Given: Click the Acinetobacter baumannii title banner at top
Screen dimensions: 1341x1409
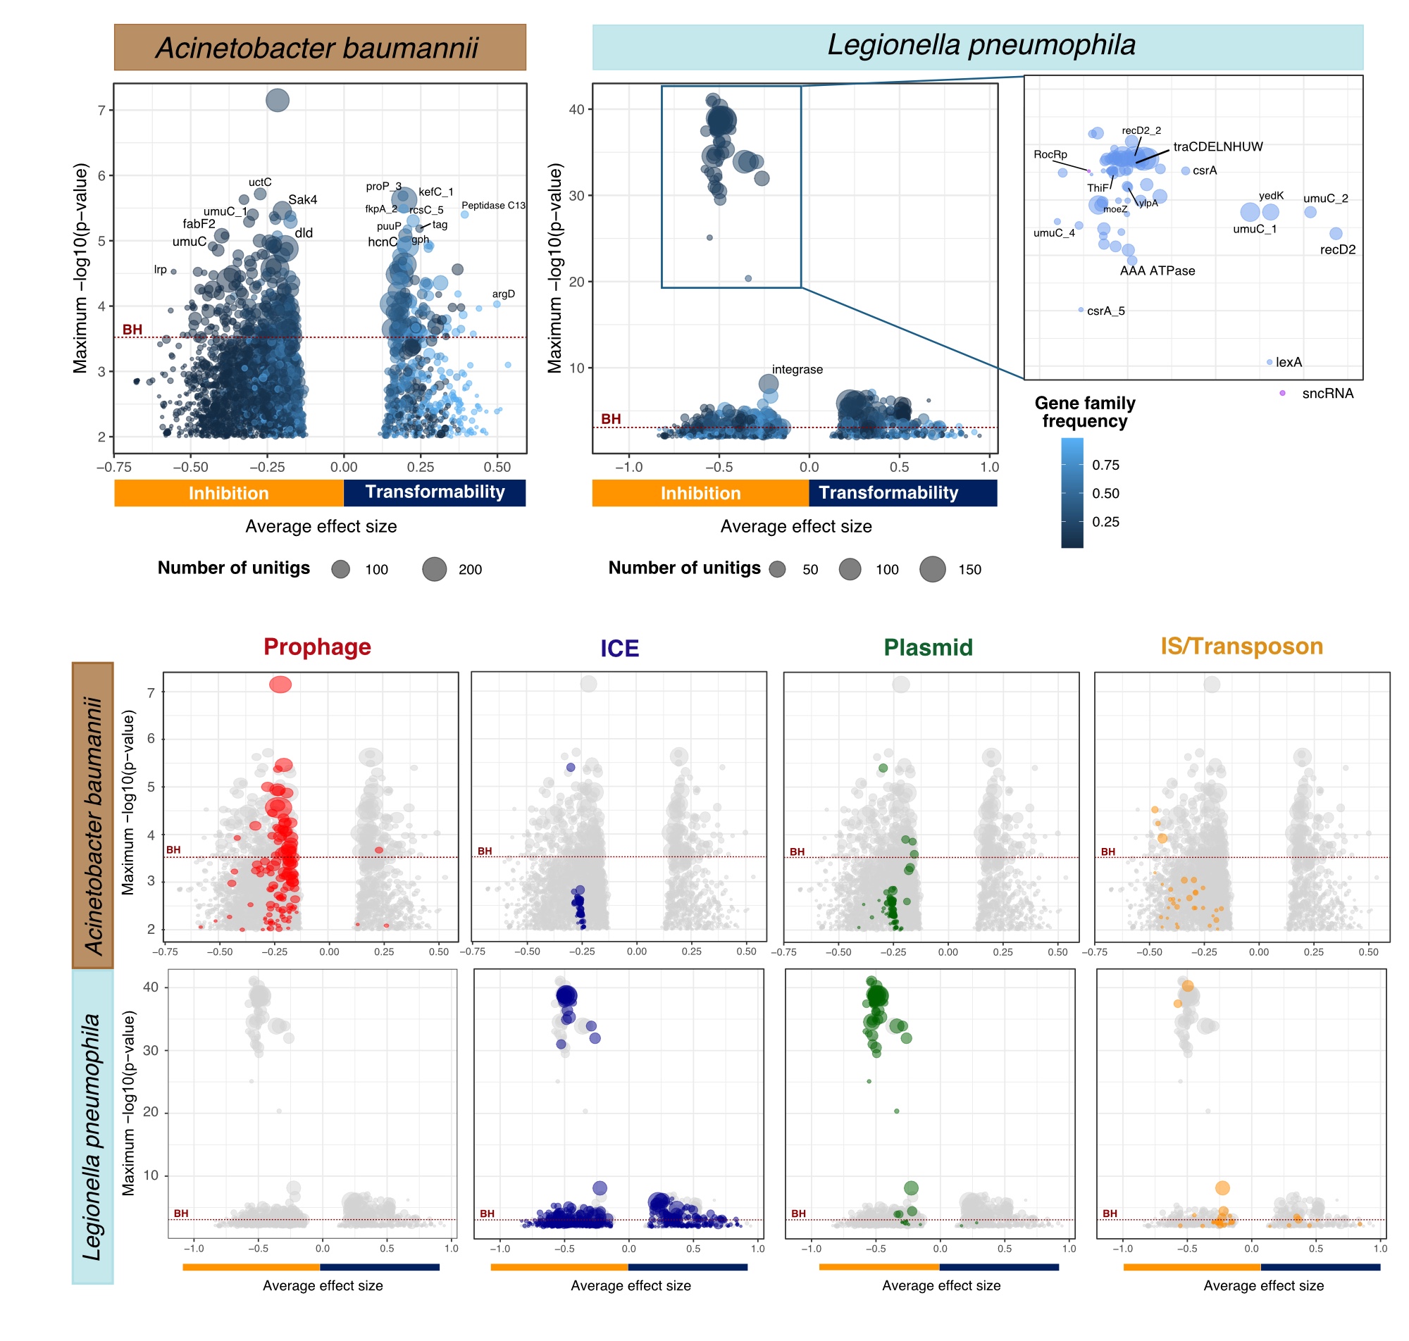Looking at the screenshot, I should point(320,47).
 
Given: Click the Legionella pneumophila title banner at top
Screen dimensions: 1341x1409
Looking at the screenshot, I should point(976,46).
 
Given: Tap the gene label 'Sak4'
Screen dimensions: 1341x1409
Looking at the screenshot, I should point(302,199).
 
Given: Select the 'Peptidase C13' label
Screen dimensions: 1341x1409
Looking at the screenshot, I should point(492,205).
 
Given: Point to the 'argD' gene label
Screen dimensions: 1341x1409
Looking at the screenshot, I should point(502,294).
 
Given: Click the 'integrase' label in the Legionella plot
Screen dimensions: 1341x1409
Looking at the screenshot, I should point(796,369).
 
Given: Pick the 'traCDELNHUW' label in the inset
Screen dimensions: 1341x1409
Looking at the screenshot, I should point(1217,146).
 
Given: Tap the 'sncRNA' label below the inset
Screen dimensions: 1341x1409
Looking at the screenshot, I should point(1327,393).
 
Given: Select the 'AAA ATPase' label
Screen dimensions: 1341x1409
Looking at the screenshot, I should point(1157,270).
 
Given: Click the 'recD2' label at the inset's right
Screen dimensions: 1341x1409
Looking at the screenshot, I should point(1337,249).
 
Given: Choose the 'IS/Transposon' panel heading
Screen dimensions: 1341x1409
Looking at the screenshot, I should point(1241,646).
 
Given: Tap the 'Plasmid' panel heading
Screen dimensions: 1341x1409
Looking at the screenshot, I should point(927,647).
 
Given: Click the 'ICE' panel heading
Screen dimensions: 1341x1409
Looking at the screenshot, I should point(619,649).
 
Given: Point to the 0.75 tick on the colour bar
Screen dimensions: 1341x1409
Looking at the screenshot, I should point(1105,465).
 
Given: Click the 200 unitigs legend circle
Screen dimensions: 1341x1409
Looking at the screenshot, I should point(434,569).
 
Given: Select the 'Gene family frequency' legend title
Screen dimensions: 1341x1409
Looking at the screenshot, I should point(1084,412).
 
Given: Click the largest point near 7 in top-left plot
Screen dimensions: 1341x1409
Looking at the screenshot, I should point(278,100).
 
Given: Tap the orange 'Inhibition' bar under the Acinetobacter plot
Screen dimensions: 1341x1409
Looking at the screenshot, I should point(229,492).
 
